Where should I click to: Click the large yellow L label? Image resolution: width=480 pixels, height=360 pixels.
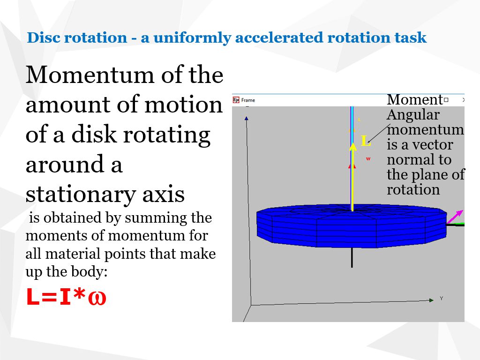tap(365, 141)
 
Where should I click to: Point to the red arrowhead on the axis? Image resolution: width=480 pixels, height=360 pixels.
tap(352, 166)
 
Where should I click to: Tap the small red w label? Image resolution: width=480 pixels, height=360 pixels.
tap(368, 159)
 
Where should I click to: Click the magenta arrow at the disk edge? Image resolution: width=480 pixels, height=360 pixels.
tap(455, 217)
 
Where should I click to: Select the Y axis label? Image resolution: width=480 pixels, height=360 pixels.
tap(441, 299)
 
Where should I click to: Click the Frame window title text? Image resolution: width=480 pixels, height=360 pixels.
tap(248, 100)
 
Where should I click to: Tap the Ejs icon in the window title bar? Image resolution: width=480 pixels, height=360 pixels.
tap(236, 100)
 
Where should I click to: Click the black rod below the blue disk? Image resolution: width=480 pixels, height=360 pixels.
tap(352, 258)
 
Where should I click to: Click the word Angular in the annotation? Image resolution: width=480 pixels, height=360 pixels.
tap(413, 115)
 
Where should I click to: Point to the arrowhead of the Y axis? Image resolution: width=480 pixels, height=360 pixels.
tap(431, 300)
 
